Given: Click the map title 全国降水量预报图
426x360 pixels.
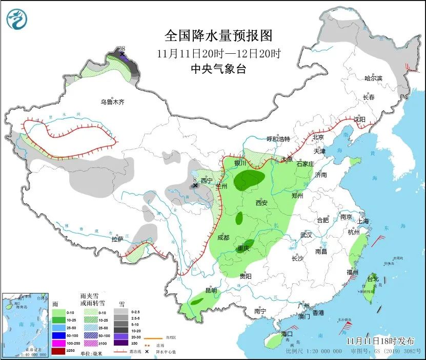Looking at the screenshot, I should (218, 35).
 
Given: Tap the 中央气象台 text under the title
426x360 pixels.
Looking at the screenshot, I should (218, 69).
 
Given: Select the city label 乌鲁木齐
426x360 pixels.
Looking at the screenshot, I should (112, 102).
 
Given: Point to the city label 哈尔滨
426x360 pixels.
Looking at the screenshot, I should (373, 78).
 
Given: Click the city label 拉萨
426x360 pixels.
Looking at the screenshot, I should (118, 239).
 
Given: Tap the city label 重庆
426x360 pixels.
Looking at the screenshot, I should (243, 249).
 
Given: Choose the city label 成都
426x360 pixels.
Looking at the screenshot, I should (223, 237).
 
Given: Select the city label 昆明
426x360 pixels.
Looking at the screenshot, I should (211, 290).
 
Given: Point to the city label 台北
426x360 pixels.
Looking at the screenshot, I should (373, 279).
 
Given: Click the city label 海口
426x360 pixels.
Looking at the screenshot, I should (287, 334).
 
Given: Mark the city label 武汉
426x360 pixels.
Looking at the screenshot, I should (306, 235).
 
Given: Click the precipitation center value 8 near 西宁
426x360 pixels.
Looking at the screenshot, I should (195, 179).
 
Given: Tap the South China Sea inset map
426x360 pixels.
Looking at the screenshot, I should (25, 324).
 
